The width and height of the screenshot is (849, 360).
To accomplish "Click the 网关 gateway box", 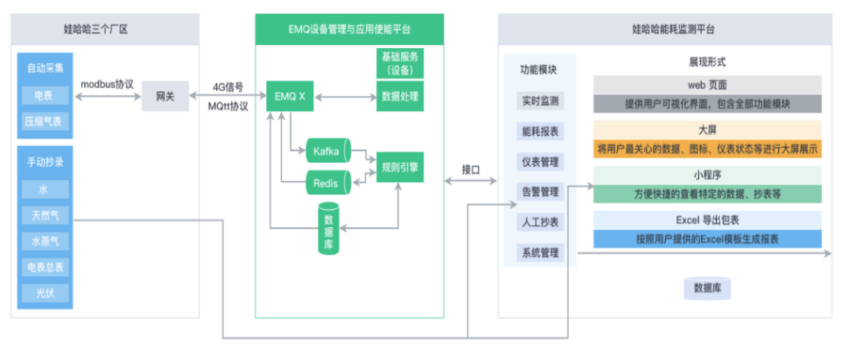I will [x=165, y=97].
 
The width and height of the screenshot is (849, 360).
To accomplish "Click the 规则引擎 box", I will [x=399, y=167].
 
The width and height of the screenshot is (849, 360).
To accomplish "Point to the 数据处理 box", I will [x=399, y=97].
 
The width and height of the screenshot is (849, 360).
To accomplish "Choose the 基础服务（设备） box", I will [x=399, y=63].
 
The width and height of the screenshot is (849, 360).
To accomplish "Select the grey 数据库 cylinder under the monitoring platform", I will [x=707, y=288].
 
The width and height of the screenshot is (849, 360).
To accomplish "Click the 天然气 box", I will [x=45, y=215].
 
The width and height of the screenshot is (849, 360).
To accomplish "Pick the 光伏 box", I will [x=45, y=292].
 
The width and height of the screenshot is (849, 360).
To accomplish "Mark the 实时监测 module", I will [x=539, y=101].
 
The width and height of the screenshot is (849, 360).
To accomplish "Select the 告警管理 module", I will [x=539, y=191].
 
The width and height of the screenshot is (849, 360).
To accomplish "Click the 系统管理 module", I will [x=539, y=252].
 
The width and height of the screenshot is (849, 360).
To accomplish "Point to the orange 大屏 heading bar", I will [x=707, y=129].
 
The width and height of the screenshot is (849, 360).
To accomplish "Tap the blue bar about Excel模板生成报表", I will [x=707, y=239].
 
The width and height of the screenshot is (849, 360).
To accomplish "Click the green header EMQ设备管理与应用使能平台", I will [x=349, y=30].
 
